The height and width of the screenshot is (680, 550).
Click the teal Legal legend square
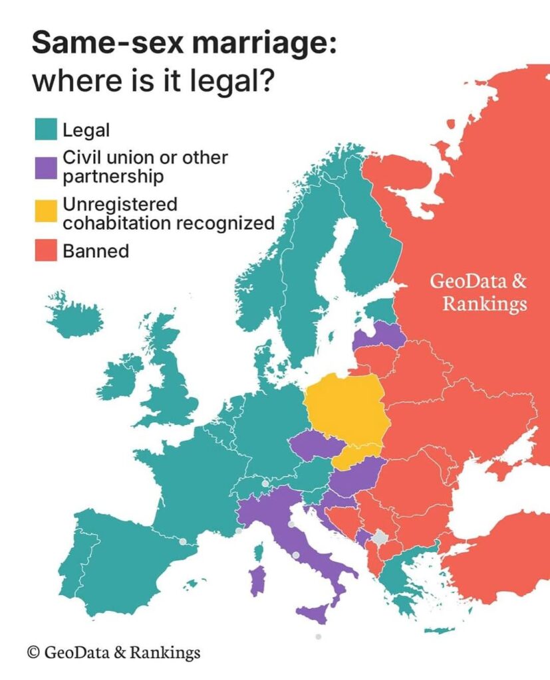point(45,128)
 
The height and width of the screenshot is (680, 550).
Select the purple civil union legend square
point(45,167)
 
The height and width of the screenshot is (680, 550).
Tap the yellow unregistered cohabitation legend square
point(45,212)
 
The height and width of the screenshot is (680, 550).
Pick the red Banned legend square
point(45,251)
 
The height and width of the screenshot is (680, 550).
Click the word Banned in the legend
point(96,251)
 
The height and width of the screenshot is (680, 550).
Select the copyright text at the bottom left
point(113,652)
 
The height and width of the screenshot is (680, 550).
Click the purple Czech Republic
point(315,444)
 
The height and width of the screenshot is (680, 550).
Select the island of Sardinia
point(257,580)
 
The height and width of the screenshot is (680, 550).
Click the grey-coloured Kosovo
point(380,538)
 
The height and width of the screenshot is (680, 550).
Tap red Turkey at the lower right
point(505,564)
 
